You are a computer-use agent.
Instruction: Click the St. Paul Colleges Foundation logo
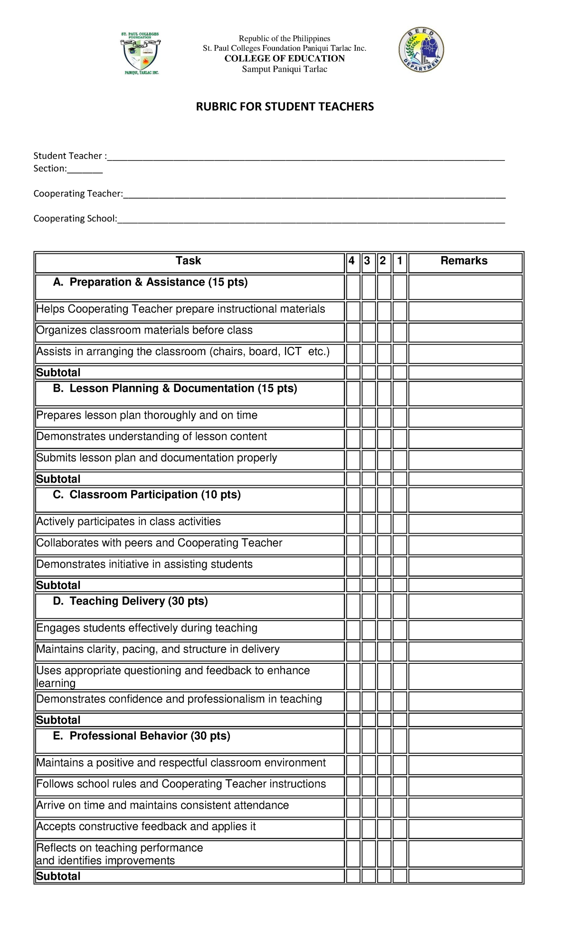point(141,53)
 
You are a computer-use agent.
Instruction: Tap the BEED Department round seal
point(421,50)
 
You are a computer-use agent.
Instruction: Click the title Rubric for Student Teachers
point(285,106)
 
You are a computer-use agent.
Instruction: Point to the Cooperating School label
point(75,219)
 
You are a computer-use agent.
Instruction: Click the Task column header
point(189,261)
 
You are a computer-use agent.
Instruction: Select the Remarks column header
point(464,261)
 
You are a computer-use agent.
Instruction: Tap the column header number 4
point(352,261)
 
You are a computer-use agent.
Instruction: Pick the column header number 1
point(400,261)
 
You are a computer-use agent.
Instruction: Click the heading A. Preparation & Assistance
point(151,282)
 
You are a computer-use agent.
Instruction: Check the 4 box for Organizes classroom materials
point(353,332)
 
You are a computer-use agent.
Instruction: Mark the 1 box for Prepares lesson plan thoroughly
point(400,417)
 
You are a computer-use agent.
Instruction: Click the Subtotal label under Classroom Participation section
point(58,585)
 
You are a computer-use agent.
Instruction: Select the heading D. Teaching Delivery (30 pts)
point(131,601)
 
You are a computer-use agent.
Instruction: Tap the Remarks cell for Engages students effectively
point(465,630)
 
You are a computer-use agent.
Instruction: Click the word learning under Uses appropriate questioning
point(56,683)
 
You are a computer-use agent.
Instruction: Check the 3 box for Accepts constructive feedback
point(369,829)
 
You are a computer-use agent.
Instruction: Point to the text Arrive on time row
point(162,805)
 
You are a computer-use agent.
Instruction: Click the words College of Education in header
point(285,58)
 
